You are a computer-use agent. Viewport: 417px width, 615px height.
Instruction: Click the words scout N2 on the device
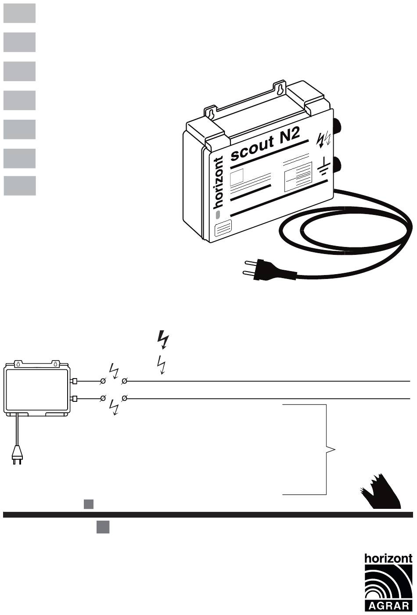coord(266,145)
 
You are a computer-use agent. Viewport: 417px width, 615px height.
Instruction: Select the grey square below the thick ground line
coord(103,527)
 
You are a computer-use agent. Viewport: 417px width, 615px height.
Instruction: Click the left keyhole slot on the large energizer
coord(211,114)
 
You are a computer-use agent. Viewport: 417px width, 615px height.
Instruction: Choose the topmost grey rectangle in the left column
coord(19,13)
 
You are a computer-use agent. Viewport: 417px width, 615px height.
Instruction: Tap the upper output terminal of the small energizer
coord(74,382)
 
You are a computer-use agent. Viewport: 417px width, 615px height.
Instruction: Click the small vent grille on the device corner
coord(223,229)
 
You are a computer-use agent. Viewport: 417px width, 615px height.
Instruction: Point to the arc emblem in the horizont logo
coord(388,582)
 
